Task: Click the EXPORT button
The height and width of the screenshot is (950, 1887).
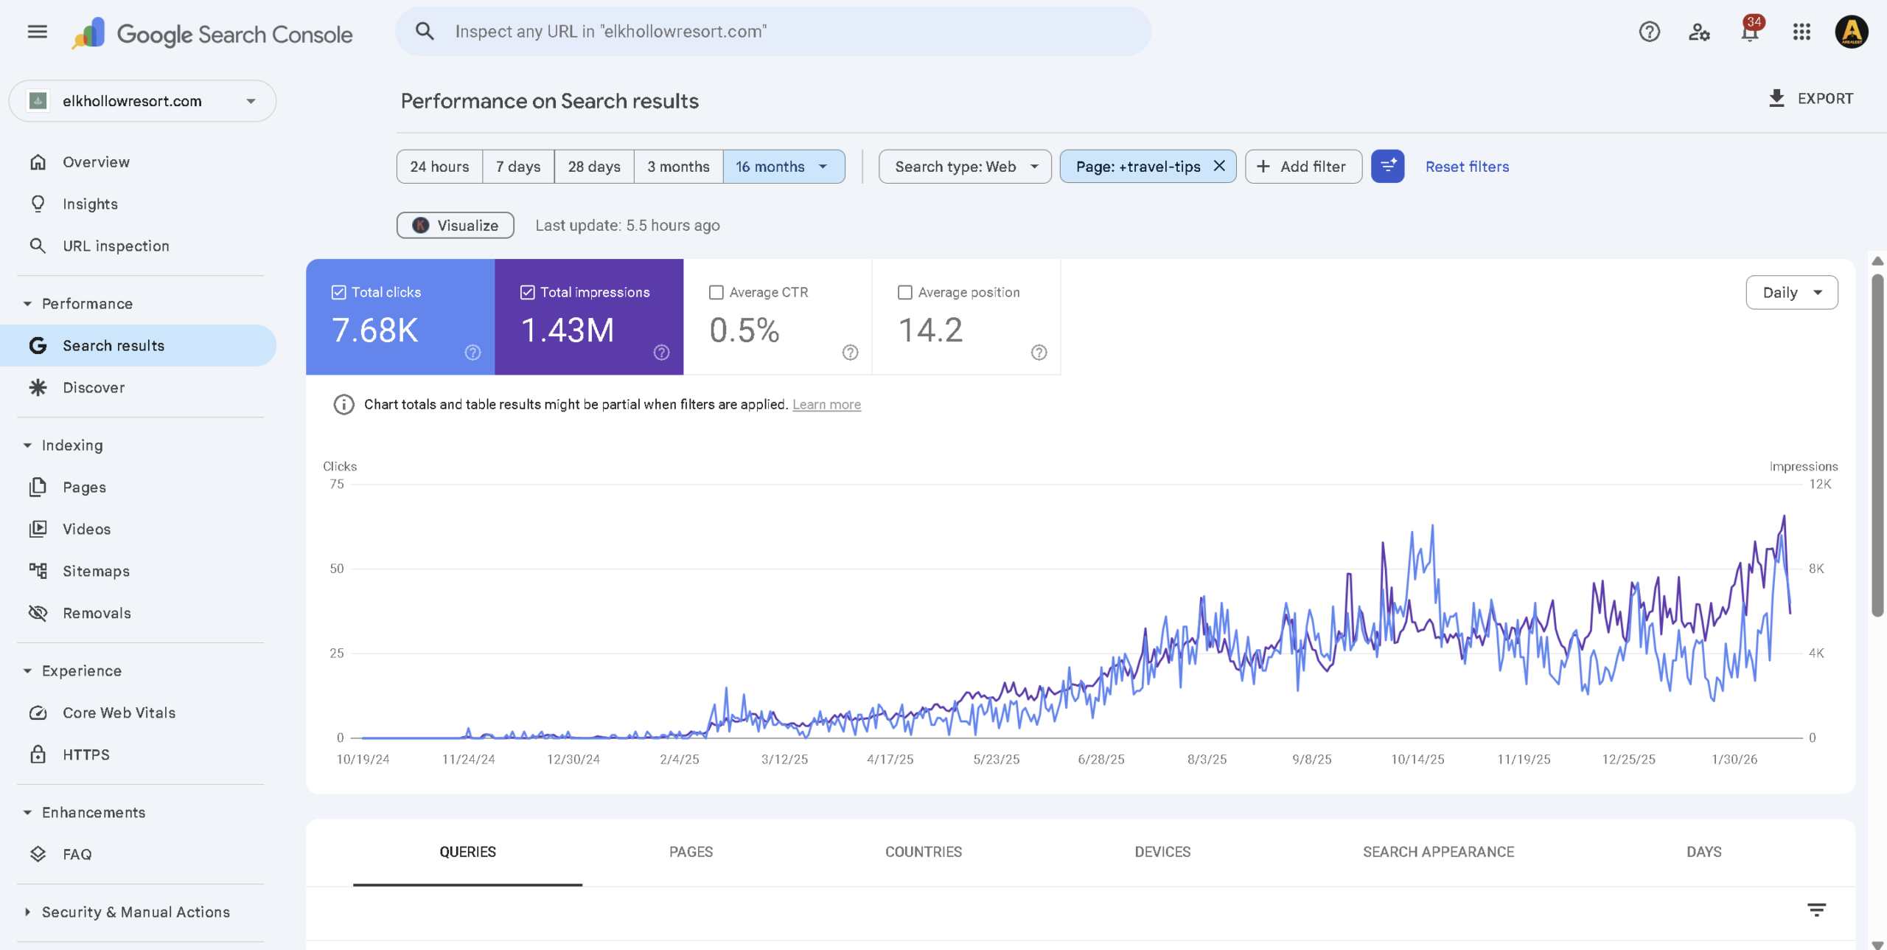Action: point(1810,99)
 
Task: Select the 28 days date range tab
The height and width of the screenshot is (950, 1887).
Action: point(593,167)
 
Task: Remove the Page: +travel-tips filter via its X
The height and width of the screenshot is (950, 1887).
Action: point(1219,166)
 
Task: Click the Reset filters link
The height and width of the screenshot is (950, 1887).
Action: point(1466,167)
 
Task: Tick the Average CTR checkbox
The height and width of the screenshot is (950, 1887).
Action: point(716,293)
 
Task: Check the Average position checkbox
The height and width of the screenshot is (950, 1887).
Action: point(904,293)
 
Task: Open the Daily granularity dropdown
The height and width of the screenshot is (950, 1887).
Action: point(1791,293)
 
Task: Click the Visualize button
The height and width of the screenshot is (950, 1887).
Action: point(455,226)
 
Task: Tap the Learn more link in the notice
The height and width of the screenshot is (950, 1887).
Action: point(826,405)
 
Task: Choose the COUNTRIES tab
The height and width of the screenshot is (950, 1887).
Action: point(923,852)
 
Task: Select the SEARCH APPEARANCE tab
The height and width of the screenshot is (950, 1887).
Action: point(1437,852)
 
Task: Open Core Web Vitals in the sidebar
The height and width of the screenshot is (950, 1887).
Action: point(119,713)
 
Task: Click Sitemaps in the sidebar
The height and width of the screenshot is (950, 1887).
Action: point(96,572)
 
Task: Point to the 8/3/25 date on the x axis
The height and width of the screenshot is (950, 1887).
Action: point(1207,760)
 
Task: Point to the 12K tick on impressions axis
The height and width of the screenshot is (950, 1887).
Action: point(1819,485)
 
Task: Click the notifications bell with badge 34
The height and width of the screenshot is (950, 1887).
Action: point(1749,32)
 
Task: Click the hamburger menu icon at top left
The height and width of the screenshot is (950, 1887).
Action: point(37,32)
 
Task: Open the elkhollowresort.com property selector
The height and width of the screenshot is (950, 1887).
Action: point(142,101)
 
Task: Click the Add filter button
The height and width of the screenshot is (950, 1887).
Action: point(1302,167)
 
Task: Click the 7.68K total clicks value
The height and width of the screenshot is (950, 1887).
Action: point(375,330)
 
